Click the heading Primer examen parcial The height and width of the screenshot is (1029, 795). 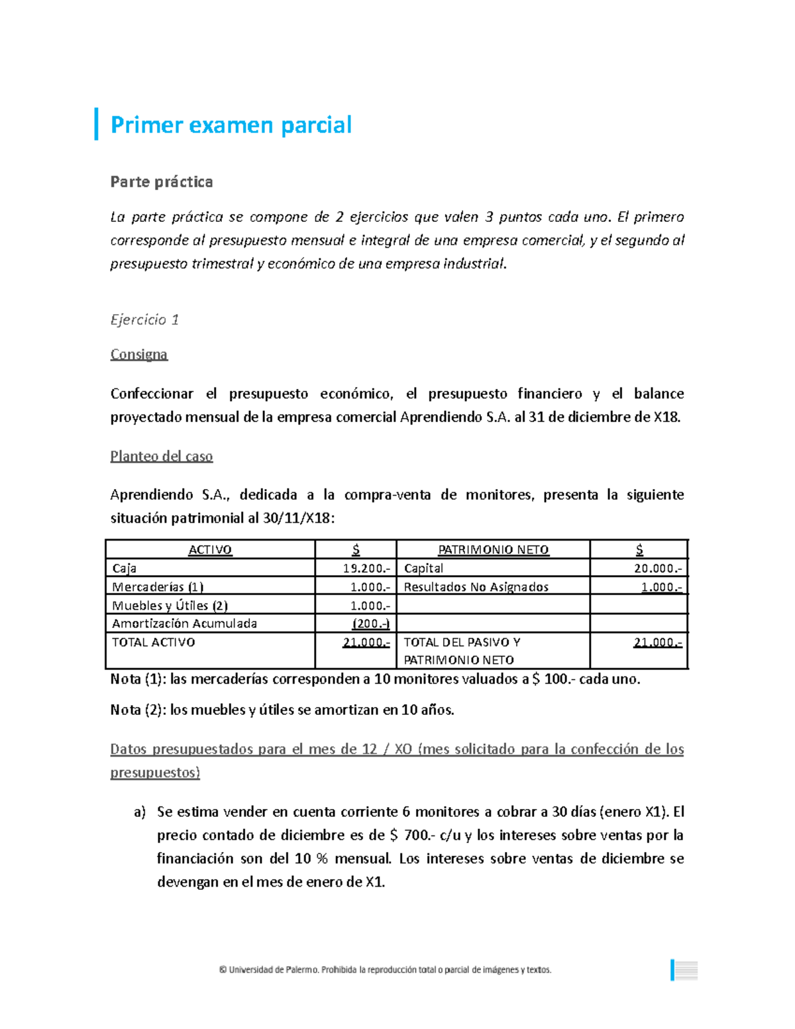231,125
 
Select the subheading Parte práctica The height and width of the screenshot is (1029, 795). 162,182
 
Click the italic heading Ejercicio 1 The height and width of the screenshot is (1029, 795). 144,319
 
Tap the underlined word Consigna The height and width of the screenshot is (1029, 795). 139,354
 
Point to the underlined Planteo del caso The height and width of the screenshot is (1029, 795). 162,457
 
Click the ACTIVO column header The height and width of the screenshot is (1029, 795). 210,550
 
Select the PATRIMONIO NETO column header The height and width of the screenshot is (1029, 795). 494,550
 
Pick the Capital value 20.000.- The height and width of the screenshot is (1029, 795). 657,569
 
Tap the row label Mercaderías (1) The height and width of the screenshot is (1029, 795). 158,587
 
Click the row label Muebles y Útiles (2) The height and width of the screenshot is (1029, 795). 170,606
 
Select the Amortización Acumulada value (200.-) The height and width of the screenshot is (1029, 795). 370,623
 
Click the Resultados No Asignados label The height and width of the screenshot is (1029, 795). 476,587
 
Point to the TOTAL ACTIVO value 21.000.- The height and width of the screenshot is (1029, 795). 366,643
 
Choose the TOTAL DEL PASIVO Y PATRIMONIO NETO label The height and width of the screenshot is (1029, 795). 462,651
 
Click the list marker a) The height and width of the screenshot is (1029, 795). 139,812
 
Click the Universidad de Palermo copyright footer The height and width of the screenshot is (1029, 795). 385,970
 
